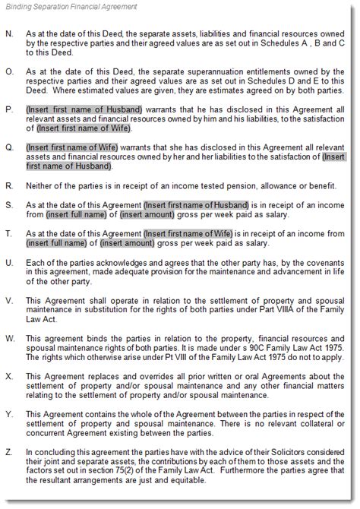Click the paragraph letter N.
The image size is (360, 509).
[8, 34]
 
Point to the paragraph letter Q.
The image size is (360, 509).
[8, 147]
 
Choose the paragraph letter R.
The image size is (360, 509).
[8, 184]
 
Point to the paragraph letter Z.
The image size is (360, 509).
[8, 452]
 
